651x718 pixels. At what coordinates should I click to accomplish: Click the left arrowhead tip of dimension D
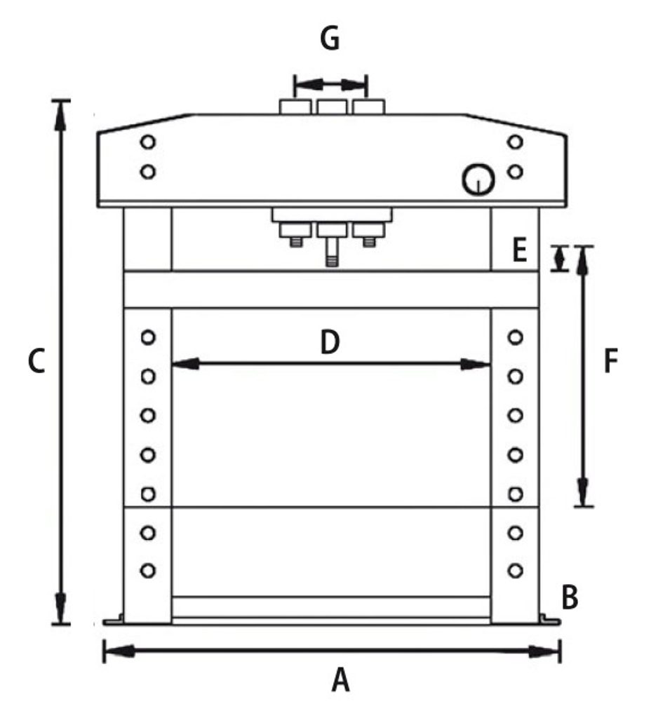point(173,365)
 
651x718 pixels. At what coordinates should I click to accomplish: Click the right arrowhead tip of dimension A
point(559,651)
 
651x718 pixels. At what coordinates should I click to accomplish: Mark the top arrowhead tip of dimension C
point(61,102)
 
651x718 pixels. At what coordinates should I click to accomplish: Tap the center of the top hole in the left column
point(147,337)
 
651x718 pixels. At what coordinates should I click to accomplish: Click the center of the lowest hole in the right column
point(516,571)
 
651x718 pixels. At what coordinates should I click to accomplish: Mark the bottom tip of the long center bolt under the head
point(332,266)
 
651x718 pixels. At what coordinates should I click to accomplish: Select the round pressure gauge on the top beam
point(478,179)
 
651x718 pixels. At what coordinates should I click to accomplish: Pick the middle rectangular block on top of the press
point(332,107)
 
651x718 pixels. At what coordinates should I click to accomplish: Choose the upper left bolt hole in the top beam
point(147,142)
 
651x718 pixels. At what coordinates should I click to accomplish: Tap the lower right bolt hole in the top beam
point(516,172)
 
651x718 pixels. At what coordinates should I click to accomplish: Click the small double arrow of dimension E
point(559,259)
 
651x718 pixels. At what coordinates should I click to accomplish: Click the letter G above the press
point(330,39)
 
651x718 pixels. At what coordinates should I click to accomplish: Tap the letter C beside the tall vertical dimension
point(36,361)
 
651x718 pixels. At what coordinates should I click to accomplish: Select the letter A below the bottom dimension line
point(340,680)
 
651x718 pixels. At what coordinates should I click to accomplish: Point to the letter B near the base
point(570,598)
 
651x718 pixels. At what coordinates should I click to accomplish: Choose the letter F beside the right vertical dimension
point(611,361)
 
